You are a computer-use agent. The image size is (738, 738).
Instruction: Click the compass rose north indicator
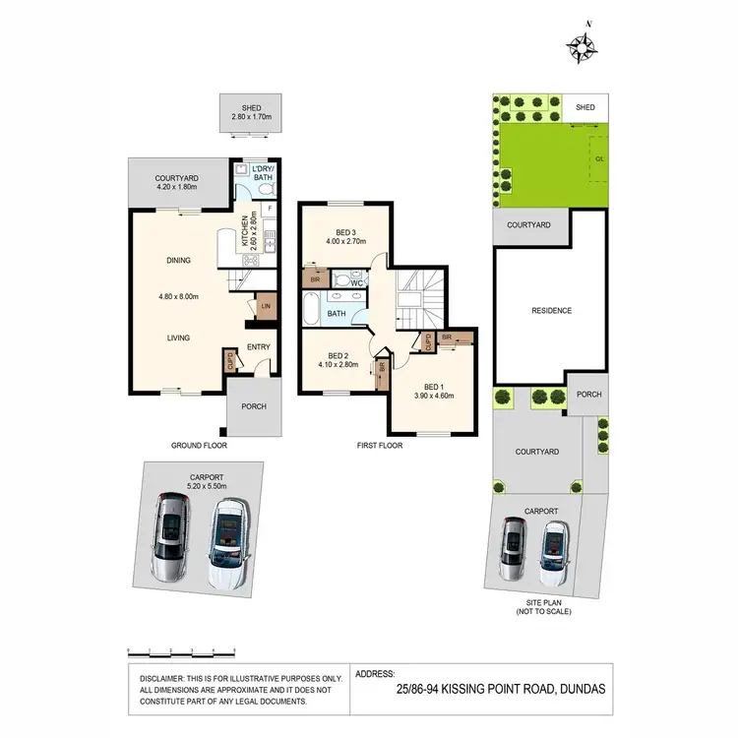(x=583, y=44)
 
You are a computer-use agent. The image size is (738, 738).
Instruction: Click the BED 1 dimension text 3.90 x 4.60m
(x=433, y=396)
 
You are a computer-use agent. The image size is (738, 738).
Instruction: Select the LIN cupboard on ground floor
(x=266, y=307)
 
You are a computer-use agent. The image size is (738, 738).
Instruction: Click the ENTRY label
(x=259, y=346)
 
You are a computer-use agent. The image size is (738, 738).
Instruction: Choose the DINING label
(x=178, y=261)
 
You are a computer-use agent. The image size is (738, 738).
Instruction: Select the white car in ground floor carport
(x=227, y=539)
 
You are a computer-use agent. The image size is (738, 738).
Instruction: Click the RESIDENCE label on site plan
(x=551, y=311)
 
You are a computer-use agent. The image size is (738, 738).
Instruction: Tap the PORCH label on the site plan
(x=588, y=395)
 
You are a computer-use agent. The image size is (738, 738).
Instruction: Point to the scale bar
(x=183, y=651)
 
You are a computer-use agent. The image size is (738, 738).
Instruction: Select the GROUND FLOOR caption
(x=201, y=445)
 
